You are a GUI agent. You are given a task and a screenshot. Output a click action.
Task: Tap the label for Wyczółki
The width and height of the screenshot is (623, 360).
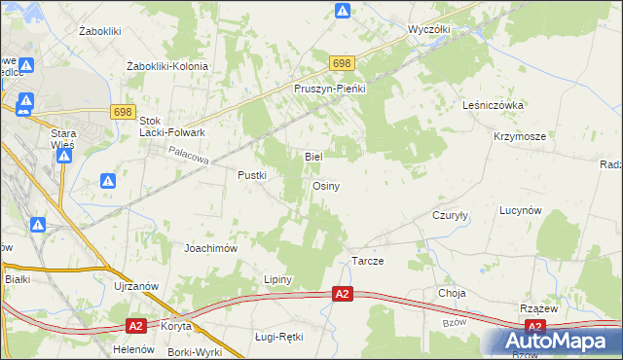coord(429,30)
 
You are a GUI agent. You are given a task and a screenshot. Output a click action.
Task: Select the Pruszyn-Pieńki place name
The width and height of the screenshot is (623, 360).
coord(329,89)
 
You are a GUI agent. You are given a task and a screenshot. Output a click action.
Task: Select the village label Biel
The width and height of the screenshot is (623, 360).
coord(313,156)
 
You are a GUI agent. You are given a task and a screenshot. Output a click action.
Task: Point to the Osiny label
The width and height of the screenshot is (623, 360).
coord(326,186)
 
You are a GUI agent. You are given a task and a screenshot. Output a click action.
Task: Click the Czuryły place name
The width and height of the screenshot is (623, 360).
coord(451,216)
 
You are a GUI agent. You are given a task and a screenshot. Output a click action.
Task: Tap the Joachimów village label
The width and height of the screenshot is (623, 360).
coord(211,248)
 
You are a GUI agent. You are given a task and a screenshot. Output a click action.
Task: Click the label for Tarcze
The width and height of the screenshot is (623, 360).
coord(367,263)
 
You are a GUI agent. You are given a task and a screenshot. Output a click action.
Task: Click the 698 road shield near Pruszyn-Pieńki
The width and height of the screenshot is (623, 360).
coord(341,63)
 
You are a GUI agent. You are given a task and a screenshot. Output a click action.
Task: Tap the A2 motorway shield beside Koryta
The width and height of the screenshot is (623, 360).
coord(135,326)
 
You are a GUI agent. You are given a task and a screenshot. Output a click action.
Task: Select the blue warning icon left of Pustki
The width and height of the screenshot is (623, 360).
coord(108,181)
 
